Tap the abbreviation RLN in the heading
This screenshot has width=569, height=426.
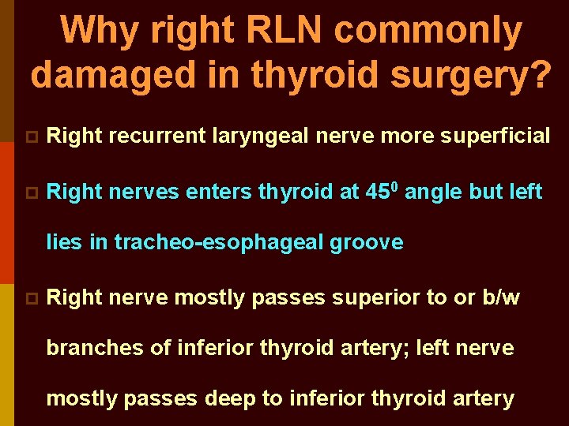(x=284, y=32)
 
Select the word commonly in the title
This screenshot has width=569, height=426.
(x=428, y=32)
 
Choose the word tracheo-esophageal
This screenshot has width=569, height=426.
(x=218, y=242)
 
